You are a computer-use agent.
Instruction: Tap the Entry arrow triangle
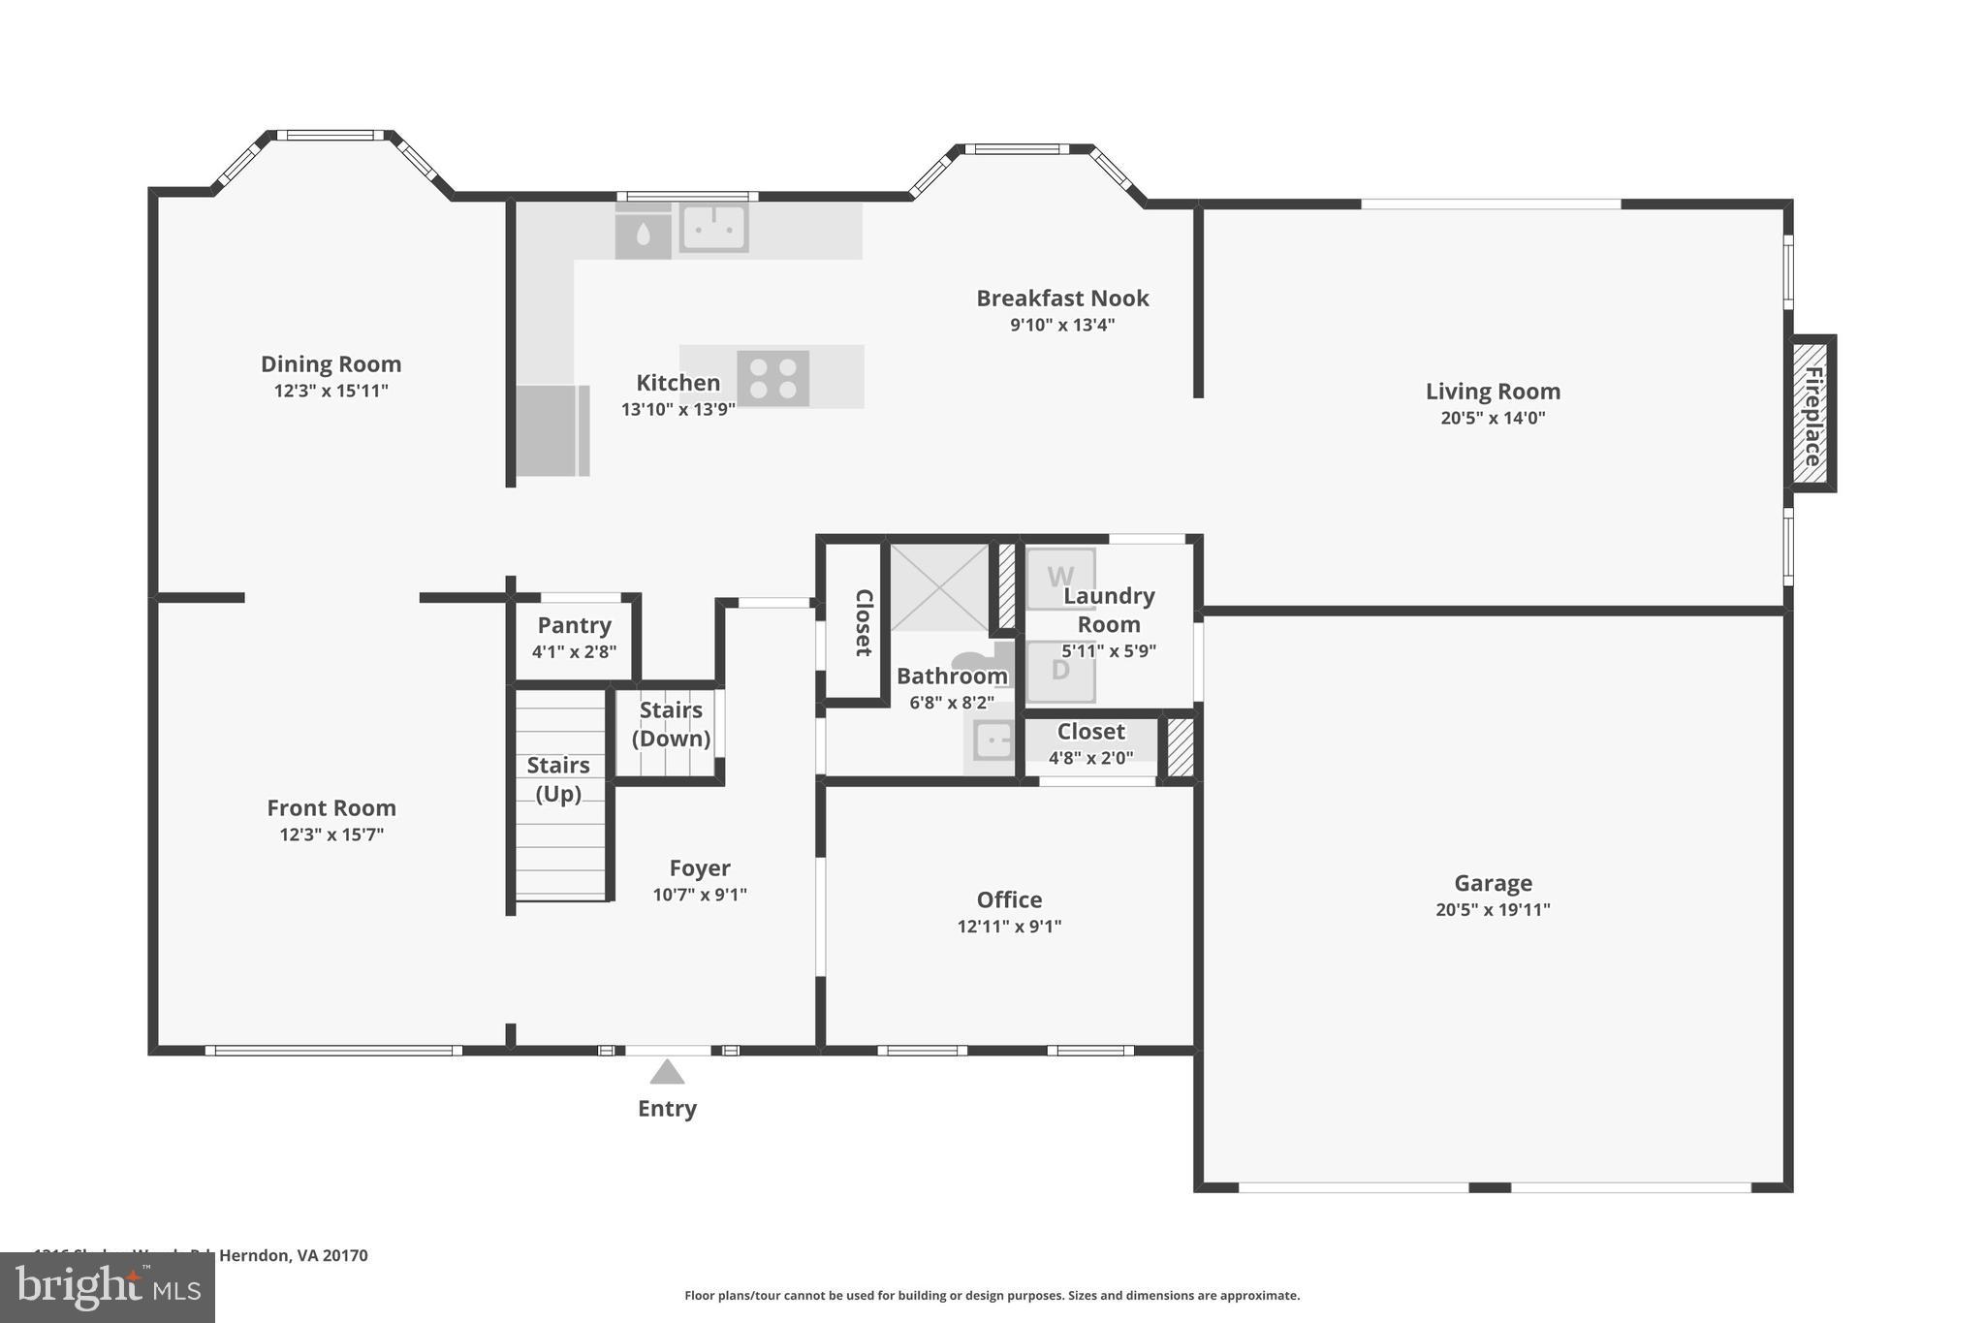(x=667, y=1072)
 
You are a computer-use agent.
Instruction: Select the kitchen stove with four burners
(x=772, y=378)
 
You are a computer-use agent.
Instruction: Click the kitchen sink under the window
(x=713, y=228)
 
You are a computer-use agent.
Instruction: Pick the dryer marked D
(x=1060, y=671)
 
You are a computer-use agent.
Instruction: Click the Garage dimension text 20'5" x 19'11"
(x=1493, y=909)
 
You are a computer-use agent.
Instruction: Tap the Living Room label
(x=1493, y=392)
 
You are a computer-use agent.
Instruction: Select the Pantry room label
(x=574, y=625)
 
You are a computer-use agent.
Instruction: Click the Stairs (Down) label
(x=671, y=724)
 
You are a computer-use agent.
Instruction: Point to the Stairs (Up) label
(x=558, y=779)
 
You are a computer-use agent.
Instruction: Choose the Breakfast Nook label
(x=1062, y=299)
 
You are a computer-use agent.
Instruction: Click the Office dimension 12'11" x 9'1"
(x=1009, y=926)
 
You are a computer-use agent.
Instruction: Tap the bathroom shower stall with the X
(x=938, y=587)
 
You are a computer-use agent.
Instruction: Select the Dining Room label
(x=331, y=364)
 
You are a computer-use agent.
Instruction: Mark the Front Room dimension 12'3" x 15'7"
(x=331, y=835)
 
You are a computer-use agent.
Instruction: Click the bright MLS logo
(x=107, y=1287)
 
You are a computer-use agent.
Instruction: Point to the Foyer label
(x=700, y=868)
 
